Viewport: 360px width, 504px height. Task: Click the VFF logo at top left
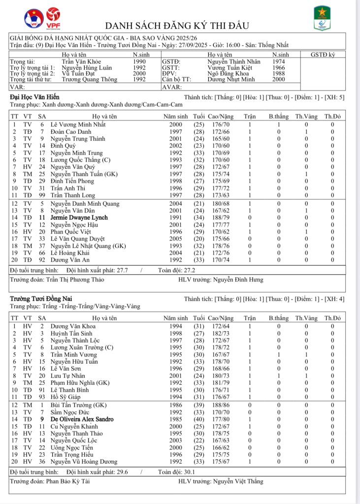33,19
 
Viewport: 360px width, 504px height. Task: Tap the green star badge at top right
322,19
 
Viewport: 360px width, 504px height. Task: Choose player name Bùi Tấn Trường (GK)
78,405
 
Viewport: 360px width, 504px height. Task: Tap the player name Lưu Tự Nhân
68,376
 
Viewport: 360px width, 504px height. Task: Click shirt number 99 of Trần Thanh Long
42,196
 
